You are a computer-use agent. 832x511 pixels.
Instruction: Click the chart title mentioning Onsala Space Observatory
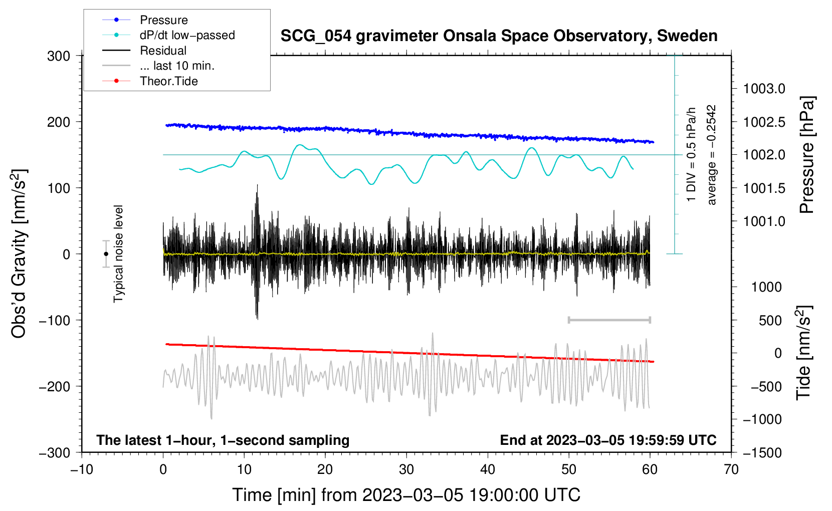(x=499, y=36)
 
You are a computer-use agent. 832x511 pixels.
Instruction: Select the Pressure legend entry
(x=145, y=20)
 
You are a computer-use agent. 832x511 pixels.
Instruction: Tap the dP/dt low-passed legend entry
(x=168, y=35)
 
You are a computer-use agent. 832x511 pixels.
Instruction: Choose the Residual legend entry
(x=144, y=51)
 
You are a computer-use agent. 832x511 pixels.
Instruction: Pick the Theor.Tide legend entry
(x=150, y=81)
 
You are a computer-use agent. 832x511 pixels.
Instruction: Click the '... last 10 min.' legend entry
(x=158, y=66)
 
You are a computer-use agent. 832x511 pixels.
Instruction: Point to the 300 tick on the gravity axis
(x=59, y=56)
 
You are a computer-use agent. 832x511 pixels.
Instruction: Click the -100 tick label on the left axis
(x=55, y=320)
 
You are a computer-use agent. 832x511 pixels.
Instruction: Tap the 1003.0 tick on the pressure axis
(x=764, y=89)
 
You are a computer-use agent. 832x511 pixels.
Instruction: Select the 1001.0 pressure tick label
(x=764, y=221)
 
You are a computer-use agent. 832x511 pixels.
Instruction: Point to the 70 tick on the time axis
(x=731, y=470)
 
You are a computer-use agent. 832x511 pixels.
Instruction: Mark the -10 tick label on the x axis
(x=82, y=470)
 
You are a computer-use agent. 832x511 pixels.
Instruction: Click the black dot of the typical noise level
(x=106, y=254)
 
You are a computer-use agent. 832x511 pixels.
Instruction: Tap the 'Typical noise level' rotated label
(x=118, y=254)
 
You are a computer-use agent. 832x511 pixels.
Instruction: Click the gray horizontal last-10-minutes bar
(x=609, y=320)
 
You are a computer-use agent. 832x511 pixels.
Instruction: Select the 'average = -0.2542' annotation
(x=711, y=155)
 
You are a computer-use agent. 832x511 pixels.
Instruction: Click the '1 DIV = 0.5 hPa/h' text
(x=691, y=155)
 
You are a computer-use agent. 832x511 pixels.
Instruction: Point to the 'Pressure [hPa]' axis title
(x=807, y=155)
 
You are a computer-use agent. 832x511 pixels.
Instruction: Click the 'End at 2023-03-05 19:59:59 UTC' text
(x=608, y=440)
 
